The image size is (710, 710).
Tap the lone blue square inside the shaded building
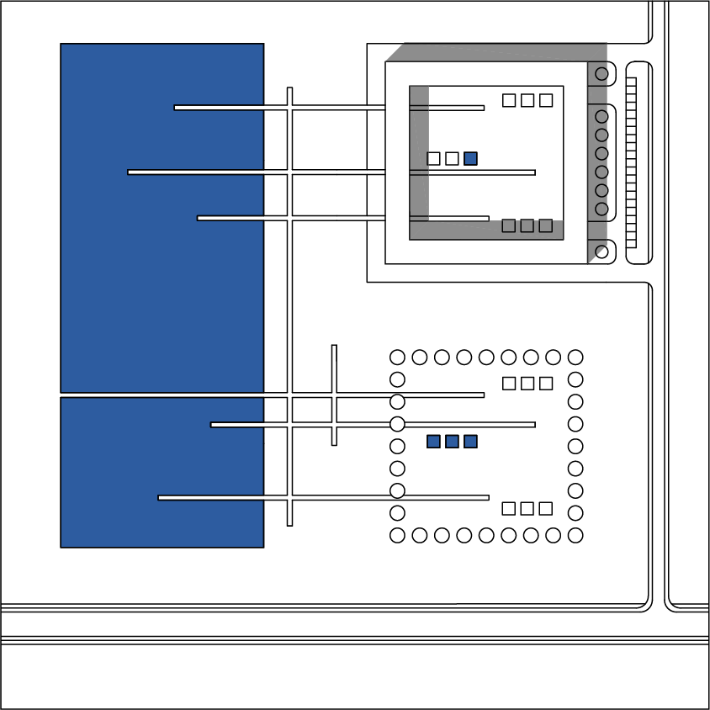(470, 158)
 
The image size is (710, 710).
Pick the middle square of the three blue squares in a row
(452, 442)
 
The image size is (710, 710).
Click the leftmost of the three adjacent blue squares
(433, 442)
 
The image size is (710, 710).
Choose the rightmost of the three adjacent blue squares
(470, 442)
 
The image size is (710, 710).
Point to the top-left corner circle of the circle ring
(398, 358)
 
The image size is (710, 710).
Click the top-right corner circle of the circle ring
(575, 358)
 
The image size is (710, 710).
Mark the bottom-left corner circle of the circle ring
(398, 535)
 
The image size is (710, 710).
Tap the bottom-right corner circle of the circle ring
(575, 535)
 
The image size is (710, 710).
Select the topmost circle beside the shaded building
(601, 74)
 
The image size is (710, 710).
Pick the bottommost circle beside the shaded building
(601, 251)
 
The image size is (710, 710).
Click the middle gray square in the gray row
(527, 225)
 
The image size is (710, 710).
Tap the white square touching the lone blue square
(452, 158)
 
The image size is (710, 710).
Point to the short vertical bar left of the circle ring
(334, 395)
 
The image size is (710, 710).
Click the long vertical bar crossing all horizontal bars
(289, 306)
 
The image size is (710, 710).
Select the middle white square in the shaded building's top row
(527, 100)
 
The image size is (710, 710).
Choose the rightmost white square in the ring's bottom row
(546, 508)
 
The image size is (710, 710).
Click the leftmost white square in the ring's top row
(509, 384)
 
